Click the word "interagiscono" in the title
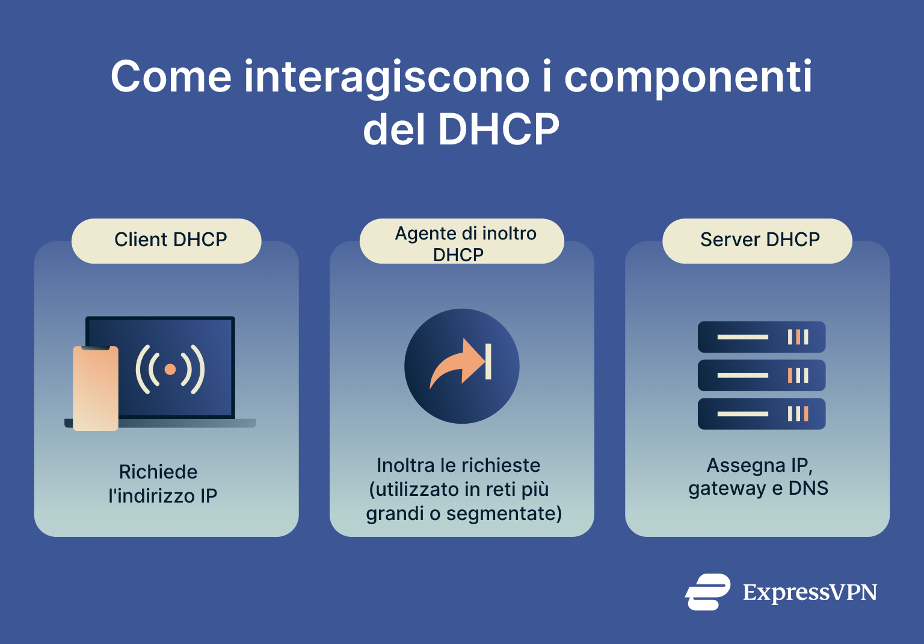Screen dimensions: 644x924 point(387,78)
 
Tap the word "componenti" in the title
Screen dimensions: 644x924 point(688,78)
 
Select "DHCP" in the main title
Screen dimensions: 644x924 point(499,129)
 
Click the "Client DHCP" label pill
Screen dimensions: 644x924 point(167,240)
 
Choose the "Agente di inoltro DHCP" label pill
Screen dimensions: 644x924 point(461,241)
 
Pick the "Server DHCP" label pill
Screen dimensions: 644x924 point(757,240)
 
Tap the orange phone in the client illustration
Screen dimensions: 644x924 point(96,388)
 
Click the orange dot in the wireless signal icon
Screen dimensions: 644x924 point(170,370)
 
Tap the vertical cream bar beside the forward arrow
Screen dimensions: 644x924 point(488,362)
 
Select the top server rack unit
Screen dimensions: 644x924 point(761,337)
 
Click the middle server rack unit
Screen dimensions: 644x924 point(761,376)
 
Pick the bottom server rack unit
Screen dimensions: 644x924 point(761,414)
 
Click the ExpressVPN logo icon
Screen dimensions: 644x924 point(707,592)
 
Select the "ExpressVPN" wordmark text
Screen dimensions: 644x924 point(810,593)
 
